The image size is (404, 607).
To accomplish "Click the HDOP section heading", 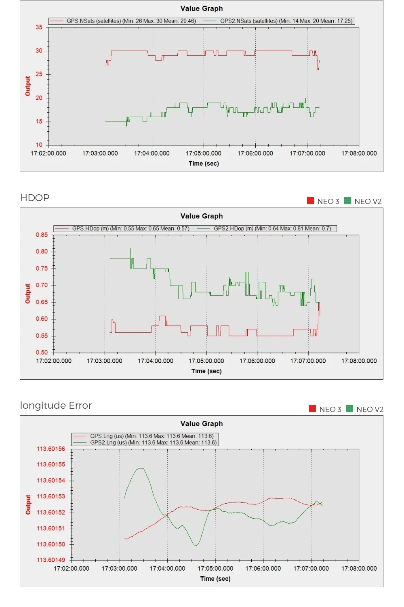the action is click(x=35, y=198).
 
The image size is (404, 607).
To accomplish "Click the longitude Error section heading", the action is click(x=56, y=405).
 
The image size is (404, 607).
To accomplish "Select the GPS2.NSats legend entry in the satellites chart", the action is click(x=278, y=21).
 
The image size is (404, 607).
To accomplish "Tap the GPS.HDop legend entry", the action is click(x=122, y=229).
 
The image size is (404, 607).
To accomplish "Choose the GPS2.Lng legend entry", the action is click(x=145, y=443).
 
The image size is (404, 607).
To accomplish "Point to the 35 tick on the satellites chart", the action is click(x=39, y=27).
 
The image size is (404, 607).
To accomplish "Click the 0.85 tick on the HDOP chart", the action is click(x=42, y=235).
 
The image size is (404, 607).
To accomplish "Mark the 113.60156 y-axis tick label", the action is click(x=51, y=449).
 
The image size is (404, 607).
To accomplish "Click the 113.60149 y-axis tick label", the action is click(x=51, y=560).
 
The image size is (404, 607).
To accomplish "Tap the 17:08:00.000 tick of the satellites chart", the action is click(x=359, y=153).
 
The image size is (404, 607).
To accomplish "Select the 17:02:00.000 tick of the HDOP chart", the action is click(x=54, y=361).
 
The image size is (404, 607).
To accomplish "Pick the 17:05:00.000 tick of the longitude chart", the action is click(x=215, y=569).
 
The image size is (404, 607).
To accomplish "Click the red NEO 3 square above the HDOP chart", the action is click(x=310, y=201).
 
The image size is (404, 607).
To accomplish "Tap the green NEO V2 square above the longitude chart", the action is click(x=350, y=408).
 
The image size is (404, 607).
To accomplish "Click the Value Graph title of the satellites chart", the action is click(x=202, y=8).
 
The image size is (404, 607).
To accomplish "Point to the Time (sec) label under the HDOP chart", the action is click(x=206, y=371).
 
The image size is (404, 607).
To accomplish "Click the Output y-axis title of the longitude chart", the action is click(x=28, y=504).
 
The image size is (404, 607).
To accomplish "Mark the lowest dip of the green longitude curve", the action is click(x=196, y=545).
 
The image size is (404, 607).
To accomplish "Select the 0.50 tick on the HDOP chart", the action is click(x=42, y=352).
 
